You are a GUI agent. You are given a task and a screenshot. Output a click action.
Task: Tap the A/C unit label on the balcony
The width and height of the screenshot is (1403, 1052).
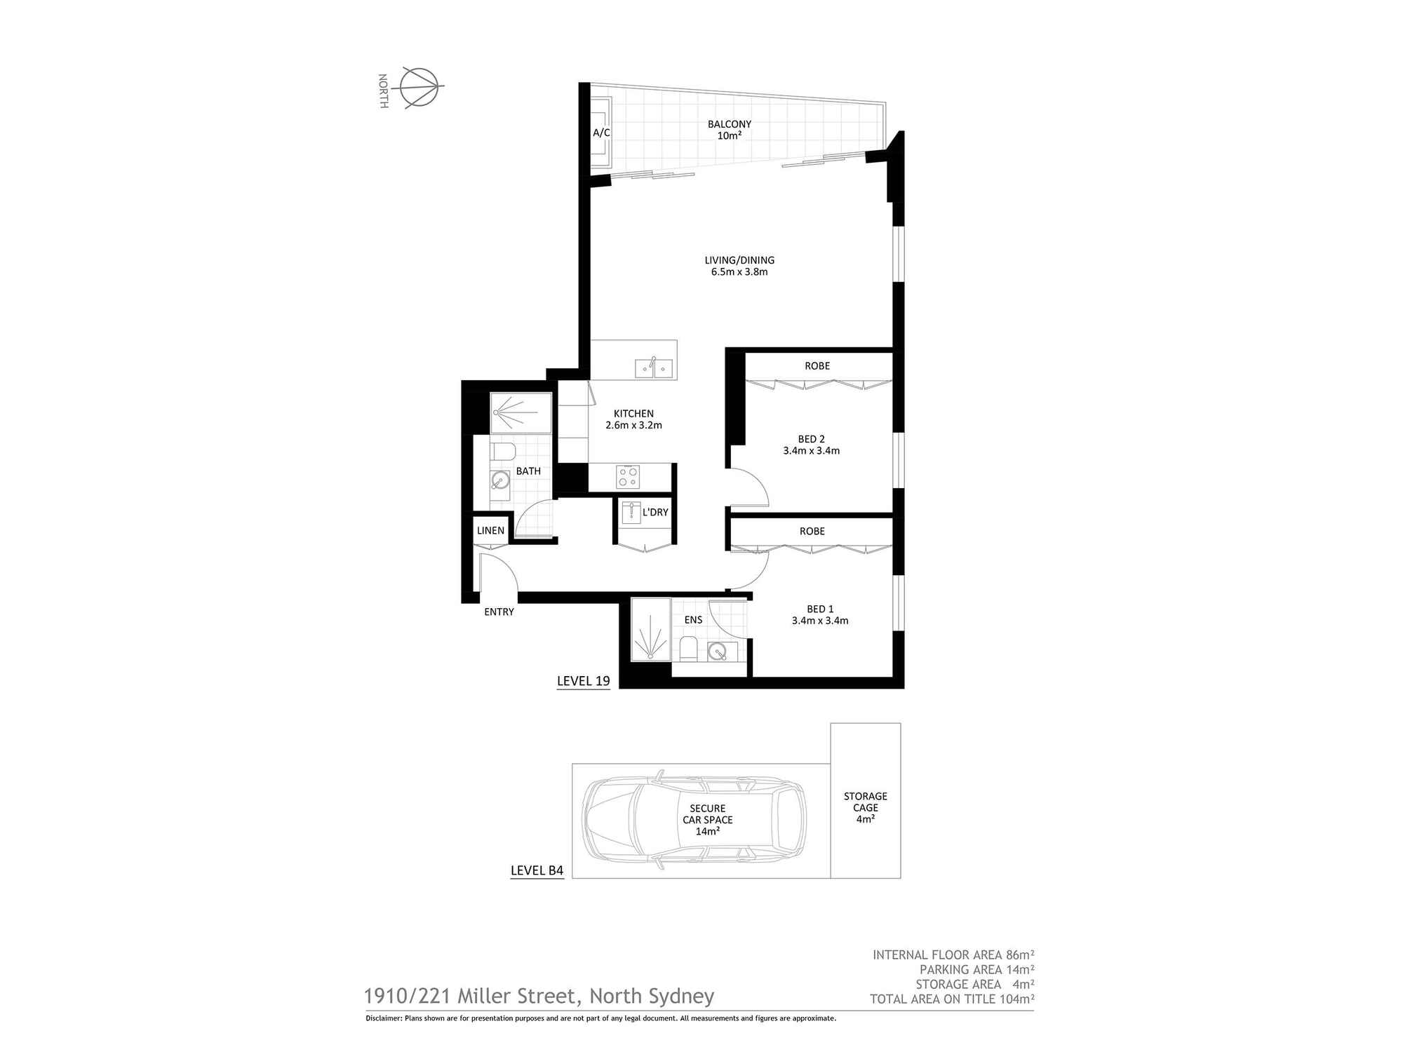601,133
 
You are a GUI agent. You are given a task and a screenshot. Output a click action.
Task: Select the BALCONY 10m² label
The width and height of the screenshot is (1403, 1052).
730,130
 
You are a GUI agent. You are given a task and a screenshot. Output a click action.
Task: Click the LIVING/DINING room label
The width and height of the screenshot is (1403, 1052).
739,266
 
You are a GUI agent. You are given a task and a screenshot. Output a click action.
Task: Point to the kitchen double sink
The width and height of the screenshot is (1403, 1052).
654,367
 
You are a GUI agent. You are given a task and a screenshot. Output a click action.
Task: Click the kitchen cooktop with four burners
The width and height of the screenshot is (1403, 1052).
628,477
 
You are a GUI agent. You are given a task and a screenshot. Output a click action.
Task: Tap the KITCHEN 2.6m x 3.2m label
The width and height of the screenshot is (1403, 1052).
633,419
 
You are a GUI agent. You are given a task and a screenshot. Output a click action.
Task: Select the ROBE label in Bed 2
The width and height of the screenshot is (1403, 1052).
817,366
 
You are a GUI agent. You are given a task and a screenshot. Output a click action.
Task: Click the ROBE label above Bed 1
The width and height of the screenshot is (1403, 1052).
812,532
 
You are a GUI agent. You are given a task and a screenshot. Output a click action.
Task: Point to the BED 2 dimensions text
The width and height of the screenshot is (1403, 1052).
812,451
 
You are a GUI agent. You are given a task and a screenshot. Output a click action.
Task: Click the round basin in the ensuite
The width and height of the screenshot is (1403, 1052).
717,652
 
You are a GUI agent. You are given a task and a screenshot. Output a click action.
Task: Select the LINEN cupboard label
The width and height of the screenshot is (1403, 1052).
490,531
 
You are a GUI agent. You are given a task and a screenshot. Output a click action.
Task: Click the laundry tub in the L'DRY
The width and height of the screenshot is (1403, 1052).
631,513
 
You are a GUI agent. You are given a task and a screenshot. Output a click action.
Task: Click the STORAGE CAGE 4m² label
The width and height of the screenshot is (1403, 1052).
866,807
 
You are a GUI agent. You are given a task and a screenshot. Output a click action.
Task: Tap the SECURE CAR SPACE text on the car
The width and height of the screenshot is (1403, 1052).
708,814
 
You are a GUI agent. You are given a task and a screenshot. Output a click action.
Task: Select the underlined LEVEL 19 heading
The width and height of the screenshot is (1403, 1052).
584,681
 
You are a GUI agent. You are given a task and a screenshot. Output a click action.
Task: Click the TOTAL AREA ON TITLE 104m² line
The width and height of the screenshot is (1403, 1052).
952,999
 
